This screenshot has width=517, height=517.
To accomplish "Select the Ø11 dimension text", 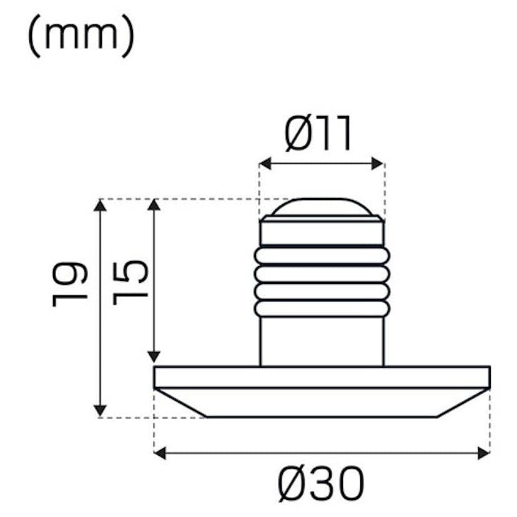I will click(x=319, y=134).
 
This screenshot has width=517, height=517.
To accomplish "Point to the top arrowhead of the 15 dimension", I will click(x=153, y=205).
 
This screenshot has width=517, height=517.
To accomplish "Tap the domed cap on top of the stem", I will click(x=322, y=208).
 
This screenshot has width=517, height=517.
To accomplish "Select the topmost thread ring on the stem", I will click(x=322, y=255).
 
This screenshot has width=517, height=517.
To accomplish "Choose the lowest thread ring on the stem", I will click(x=322, y=308).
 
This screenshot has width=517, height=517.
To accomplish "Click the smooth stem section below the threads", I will click(x=322, y=341).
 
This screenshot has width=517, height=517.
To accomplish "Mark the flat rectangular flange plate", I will click(x=322, y=377).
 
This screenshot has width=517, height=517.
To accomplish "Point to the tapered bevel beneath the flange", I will click(x=322, y=402).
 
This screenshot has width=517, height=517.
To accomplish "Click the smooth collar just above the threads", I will click(x=322, y=232).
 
